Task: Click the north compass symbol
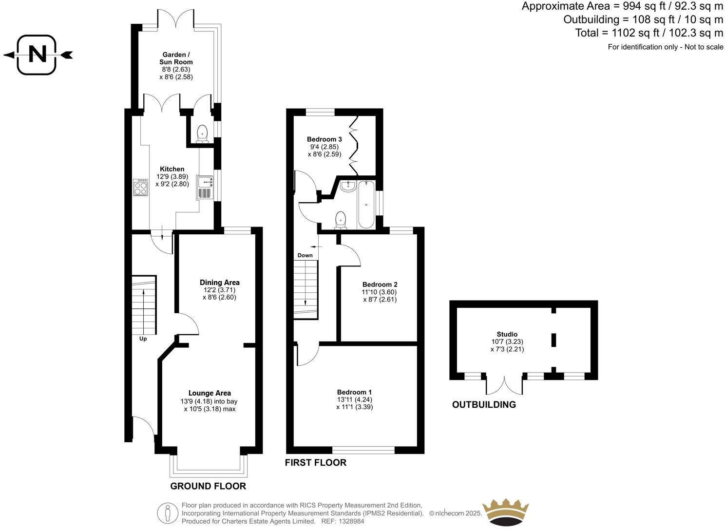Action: (37, 55)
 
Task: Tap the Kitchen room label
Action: (172, 169)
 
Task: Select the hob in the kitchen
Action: (141, 188)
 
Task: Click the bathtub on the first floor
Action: (366, 205)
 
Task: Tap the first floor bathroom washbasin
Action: (348, 186)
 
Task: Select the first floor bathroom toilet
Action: (341, 220)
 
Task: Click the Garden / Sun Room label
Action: (176, 58)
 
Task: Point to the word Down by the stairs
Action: (305, 255)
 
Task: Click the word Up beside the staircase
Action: (143, 339)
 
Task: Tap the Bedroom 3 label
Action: (324, 139)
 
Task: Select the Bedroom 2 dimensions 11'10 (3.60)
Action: (379, 292)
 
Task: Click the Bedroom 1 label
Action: (354, 392)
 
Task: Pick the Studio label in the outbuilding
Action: (507, 334)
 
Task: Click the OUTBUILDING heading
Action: (483, 405)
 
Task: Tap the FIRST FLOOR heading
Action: (315, 463)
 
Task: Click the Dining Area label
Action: (219, 283)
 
